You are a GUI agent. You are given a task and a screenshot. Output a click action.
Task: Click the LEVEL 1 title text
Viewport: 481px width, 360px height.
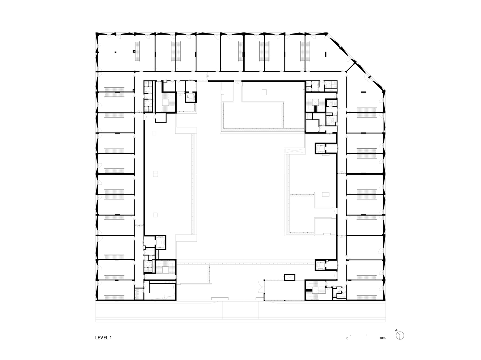point(104,338)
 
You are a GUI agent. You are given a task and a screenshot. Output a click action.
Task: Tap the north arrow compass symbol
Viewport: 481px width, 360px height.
point(400,336)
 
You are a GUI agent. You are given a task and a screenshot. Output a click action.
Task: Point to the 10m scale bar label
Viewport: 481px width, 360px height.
point(382,339)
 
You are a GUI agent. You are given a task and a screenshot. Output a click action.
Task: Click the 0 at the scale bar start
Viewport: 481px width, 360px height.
point(347,339)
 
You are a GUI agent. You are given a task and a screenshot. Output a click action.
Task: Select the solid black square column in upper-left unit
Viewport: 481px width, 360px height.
point(116,53)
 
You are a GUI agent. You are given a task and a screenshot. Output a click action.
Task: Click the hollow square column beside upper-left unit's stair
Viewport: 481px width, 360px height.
point(134,51)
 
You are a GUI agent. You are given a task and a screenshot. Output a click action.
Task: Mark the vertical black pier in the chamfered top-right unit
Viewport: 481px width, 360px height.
point(326,54)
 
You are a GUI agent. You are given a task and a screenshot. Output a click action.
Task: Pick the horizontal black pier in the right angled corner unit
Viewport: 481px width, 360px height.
point(362,93)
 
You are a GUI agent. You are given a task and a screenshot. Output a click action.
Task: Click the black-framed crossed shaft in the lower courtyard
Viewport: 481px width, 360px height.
point(289,277)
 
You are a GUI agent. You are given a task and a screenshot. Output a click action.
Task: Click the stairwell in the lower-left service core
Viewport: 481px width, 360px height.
point(165,269)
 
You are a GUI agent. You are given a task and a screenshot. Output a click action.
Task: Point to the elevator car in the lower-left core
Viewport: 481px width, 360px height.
point(160,242)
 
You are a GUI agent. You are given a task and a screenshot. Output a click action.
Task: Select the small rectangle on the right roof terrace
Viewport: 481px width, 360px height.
point(325,194)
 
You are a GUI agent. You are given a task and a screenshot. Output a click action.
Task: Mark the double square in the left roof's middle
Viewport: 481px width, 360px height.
point(155,174)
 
